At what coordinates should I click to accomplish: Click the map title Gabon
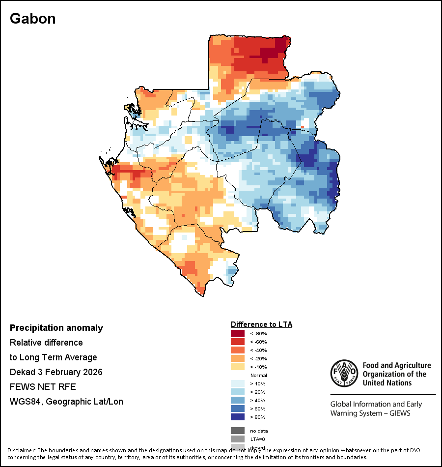pyautogui.click(x=33, y=19)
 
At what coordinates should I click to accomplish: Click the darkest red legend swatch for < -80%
pyautogui.click(x=238, y=333)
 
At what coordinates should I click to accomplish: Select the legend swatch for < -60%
pyautogui.click(x=238, y=342)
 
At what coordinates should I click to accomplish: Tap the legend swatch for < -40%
pyautogui.click(x=238, y=350)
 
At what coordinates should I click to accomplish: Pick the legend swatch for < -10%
pyautogui.click(x=238, y=367)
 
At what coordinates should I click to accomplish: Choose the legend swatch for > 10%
pyautogui.click(x=238, y=383)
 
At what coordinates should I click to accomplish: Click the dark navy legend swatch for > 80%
pyautogui.click(x=238, y=417)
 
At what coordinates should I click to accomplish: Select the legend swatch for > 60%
pyautogui.click(x=238, y=409)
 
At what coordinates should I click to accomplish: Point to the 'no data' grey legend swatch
pyautogui.click(x=238, y=431)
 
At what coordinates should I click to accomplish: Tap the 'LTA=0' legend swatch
pyautogui.click(x=238, y=439)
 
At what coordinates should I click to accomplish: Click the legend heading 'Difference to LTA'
pyautogui.click(x=261, y=324)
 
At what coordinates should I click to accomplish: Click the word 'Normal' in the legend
pyautogui.click(x=258, y=375)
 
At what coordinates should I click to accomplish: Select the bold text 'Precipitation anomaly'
pyautogui.click(x=56, y=328)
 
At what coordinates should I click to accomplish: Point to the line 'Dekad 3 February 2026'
pyautogui.click(x=56, y=372)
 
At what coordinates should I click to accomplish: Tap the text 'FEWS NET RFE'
pyautogui.click(x=43, y=387)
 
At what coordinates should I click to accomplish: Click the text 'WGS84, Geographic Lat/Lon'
pyautogui.click(x=66, y=402)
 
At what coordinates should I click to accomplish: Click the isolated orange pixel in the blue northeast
pyautogui.click(x=303, y=127)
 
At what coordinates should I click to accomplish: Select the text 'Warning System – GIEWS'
pyautogui.click(x=370, y=413)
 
